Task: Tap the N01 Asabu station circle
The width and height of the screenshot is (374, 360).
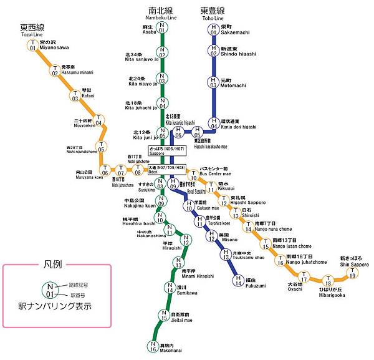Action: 162,28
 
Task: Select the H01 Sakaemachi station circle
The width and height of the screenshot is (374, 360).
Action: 213,28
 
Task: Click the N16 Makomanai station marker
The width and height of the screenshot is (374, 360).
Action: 153,346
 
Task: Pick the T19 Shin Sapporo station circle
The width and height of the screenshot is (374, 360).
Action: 353,273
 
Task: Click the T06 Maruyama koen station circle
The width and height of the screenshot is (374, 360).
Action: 105,169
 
